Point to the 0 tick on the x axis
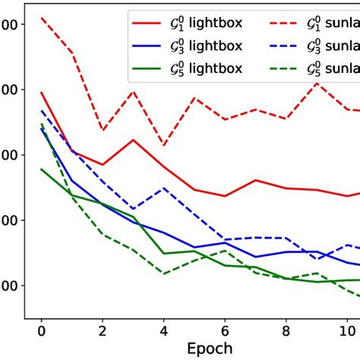(41, 332)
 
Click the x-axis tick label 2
(103, 332)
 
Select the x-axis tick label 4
(163, 332)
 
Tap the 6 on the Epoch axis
(225, 332)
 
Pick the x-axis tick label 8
(286, 332)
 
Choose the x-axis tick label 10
(346, 332)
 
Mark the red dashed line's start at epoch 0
(41, 17)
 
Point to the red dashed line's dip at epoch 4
(163, 145)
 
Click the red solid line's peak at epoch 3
(133, 140)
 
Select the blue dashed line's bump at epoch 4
(163, 188)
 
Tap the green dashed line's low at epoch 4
(163, 273)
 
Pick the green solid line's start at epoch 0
(41, 169)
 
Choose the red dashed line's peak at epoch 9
(316, 84)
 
